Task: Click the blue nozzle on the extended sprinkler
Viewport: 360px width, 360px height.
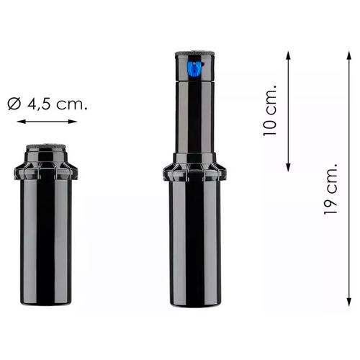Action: pyautogui.click(x=194, y=69)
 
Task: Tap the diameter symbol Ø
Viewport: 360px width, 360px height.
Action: pyautogui.click(x=14, y=104)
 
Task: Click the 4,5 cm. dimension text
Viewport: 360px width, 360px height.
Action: pyautogui.click(x=58, y=104)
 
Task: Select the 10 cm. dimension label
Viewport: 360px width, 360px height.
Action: pyautogui.click(x=270, y=110)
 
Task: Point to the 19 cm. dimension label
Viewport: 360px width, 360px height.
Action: pyautogui.click(x=330, y=189)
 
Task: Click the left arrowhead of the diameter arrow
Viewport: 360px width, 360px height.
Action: pyautogui.click(x=21, y=122)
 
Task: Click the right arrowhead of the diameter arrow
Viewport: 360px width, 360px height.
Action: pyautogui.click(x=73, y=122)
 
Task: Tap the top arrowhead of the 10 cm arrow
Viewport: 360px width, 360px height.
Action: pyautogui.click(x=289, y=55)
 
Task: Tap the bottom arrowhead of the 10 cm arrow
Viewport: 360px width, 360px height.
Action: pyautogui.click(x=289, y=168)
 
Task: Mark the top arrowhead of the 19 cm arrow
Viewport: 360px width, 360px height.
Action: pyautogui.click(x=349, y=55)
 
